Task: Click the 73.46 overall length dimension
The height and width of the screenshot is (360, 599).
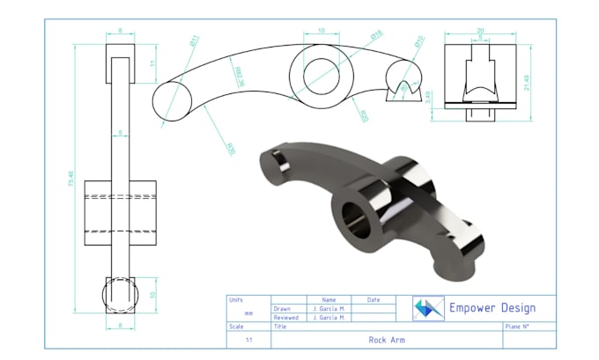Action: pyautogui.click(x=69, y=180)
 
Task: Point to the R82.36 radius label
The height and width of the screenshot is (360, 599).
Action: pyautogui.click(x=237, y=77)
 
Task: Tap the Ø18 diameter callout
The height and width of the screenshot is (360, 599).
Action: pyautogui.click(x=376, y=36)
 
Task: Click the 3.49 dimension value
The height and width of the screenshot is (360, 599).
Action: pyautogui.click(x=429, y=95)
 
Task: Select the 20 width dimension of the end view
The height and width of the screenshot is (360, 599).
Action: pyautogui.click(x=480, y=29)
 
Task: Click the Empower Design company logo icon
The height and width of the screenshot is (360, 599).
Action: pyautogui.click(x=429, y=307)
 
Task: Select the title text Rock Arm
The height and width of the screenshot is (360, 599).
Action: pyautogui.click(x=387, y=339)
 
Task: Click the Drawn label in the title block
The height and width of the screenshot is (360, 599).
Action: pyautogui.click(x=282, y=309)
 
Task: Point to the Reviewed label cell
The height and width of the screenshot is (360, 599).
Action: pyautogui.click(x=286, y=318)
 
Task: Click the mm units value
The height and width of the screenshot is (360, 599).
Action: pyautogui.click(x=248, y=313)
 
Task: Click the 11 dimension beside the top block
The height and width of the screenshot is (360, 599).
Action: pyautogui.click(x=151, y=62)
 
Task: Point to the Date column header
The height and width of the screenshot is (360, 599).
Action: pyautogui.click(x=373, y=300)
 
